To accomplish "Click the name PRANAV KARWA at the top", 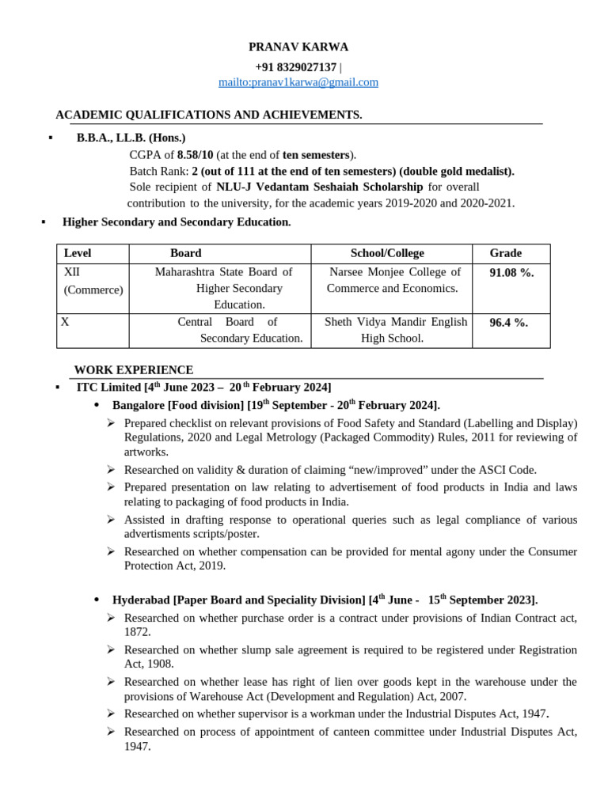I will pos(298,47).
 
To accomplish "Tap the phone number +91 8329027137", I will pos(295,67).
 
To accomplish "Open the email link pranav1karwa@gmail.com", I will pos(298,82).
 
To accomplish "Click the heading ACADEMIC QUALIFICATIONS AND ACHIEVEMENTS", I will pos(208,115).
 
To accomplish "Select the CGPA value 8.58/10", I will pos(195,155).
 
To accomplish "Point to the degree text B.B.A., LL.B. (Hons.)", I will pos(131,138).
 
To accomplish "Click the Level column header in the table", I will pos(78,253).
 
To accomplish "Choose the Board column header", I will pos(185,253).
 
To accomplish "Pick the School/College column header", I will pos(387,253).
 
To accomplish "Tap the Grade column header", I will pos(505,253).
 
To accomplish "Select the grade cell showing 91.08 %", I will pos(511,272).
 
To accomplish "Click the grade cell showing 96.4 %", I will pos(508,322).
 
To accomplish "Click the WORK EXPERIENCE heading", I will pos(134,369).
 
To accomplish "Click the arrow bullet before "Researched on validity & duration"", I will pos(112,469).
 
